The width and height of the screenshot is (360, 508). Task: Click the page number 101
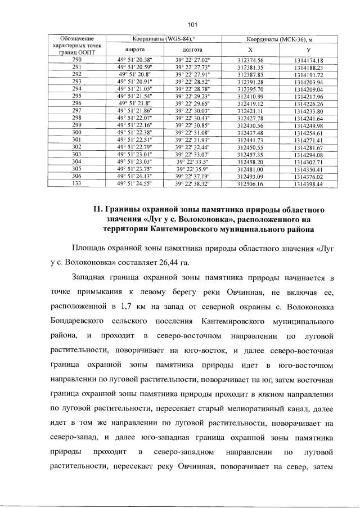click(x=191, y=24)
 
